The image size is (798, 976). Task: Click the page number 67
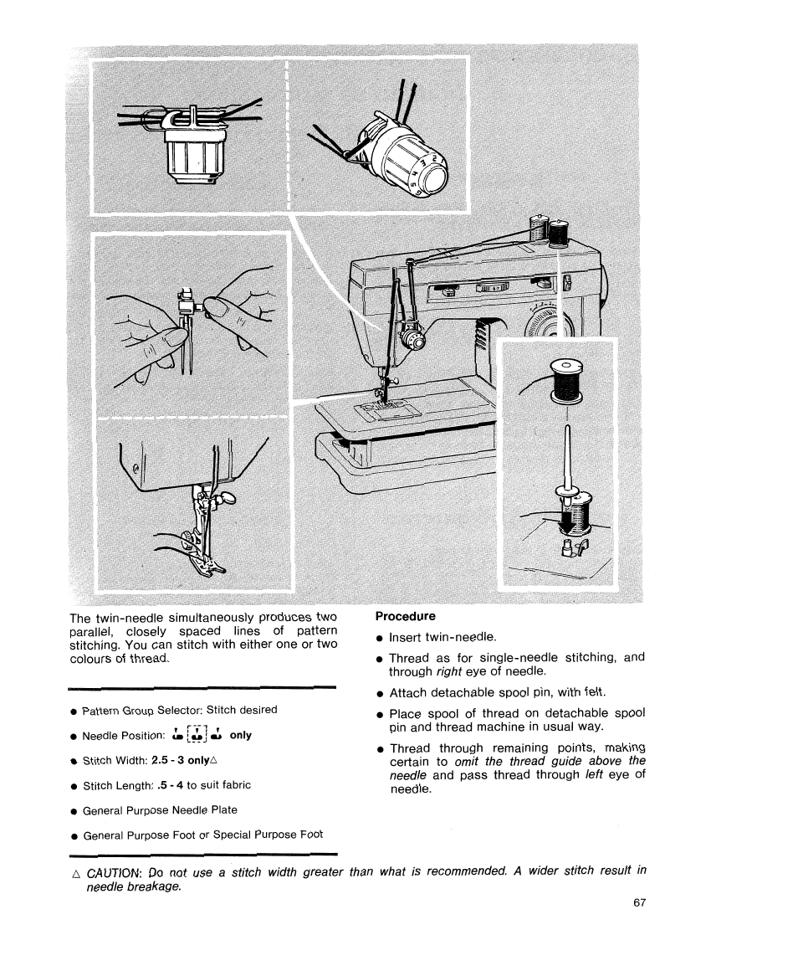click(x=641, y=903)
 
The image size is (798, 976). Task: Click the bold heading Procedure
click(x=405, y=617)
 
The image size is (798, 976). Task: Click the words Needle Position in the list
click(x=124, y=736)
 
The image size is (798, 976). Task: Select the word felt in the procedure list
click(x=593, y=692)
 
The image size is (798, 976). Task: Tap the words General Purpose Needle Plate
click(x=160, y=809)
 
